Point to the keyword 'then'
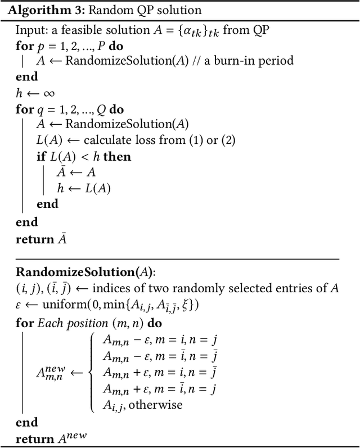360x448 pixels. coord(118,157)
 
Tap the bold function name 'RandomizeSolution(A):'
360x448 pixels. coord(84,273)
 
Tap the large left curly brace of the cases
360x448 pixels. coord(92,372)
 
